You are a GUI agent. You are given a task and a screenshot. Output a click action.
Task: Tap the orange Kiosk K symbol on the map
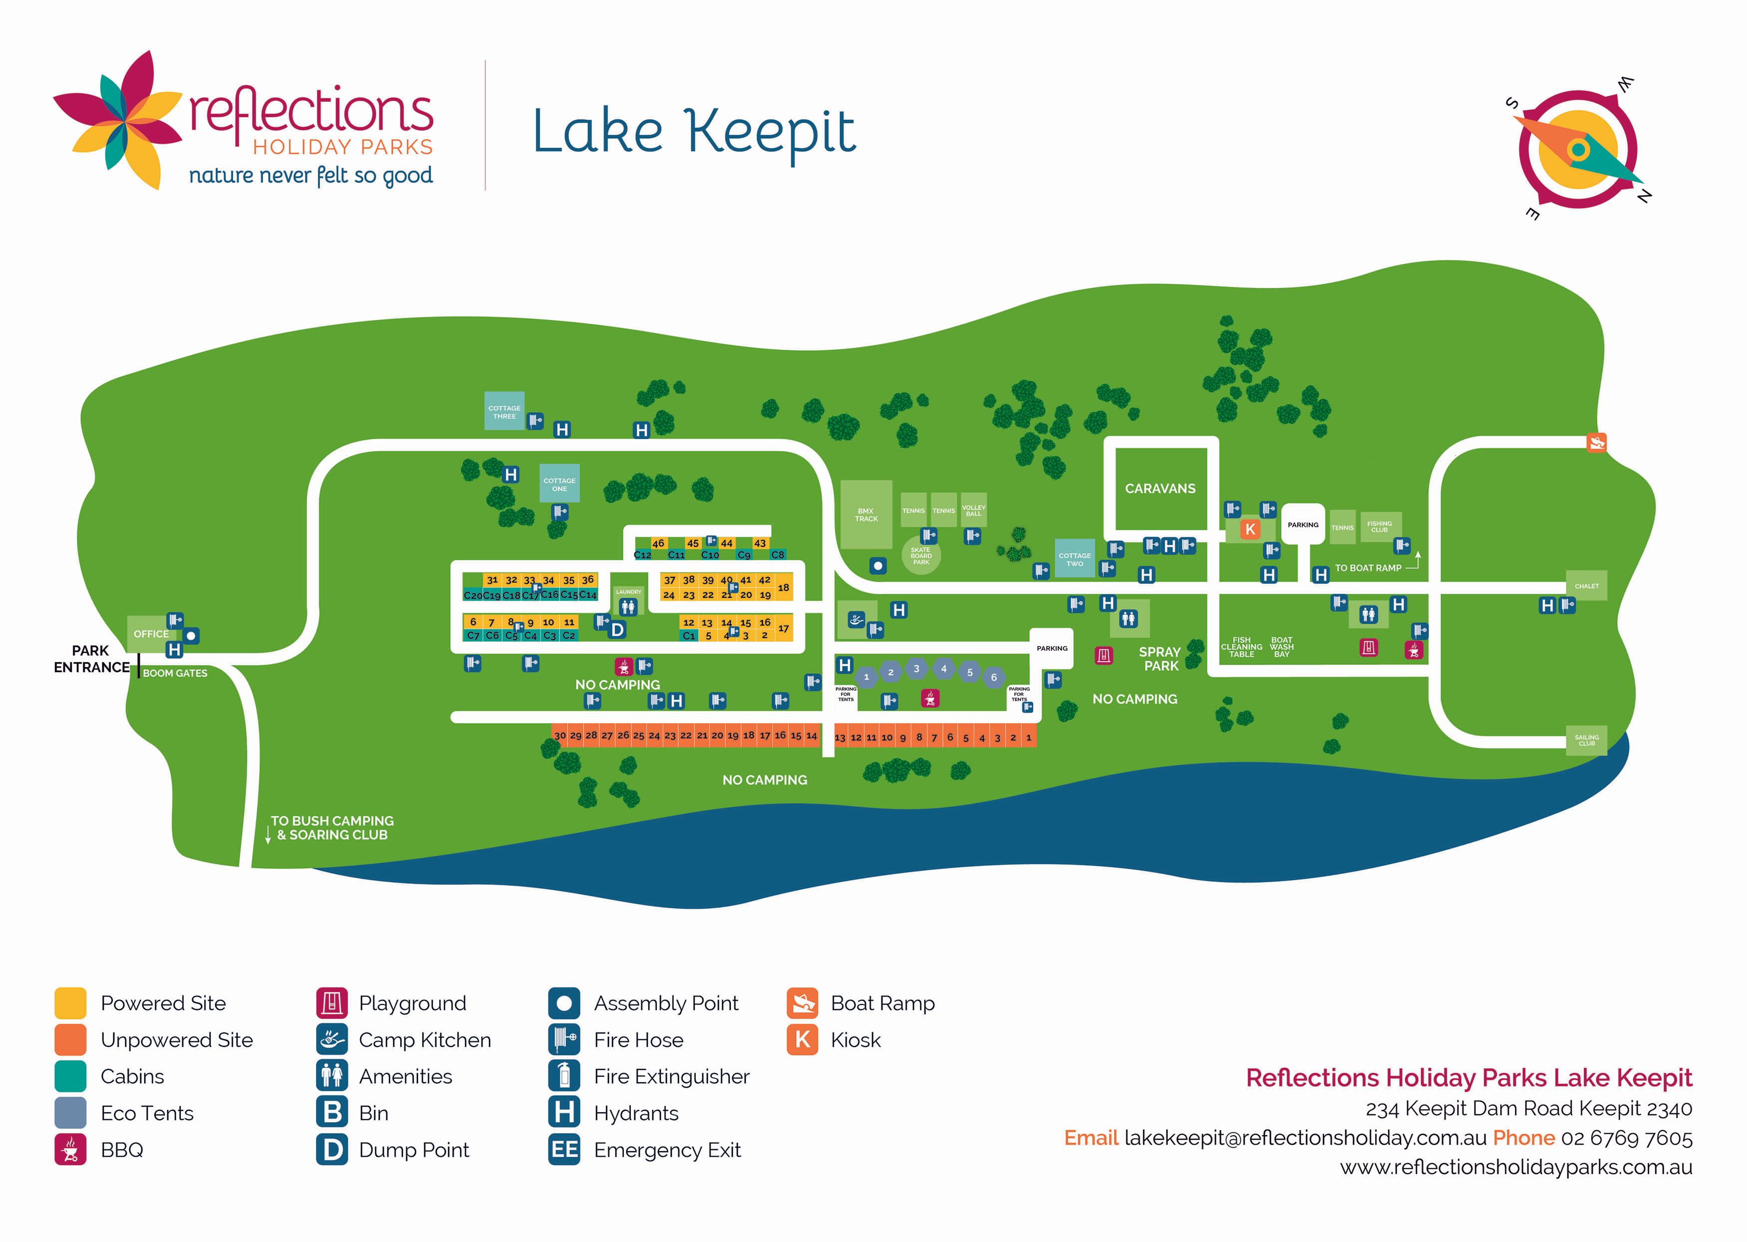click(1250, 528)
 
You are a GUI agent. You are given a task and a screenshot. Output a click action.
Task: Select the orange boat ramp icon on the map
click(1596, 442)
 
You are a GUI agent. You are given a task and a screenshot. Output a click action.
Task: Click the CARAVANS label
click(1160, 489)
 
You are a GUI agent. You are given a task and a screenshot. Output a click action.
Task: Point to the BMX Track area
click(866, 514)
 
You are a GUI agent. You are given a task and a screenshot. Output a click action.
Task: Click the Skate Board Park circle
click(921, 556)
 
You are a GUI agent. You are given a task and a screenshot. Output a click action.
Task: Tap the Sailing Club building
click(1586, 741)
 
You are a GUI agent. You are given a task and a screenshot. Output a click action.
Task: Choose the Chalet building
click(1586, 586)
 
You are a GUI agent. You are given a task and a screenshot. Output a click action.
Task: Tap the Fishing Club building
click(1379, 526)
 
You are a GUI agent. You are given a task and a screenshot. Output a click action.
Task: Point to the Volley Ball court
click(973, 510)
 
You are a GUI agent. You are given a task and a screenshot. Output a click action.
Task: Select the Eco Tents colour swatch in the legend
click(70, 1113)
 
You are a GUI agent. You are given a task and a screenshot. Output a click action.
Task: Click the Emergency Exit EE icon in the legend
click(565, 1150)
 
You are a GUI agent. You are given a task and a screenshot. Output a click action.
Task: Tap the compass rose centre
click(1577, 149)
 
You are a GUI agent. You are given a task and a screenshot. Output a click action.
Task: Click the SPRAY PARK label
click(1160, 659)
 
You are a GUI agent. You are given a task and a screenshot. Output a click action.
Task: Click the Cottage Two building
click(1075, 559)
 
